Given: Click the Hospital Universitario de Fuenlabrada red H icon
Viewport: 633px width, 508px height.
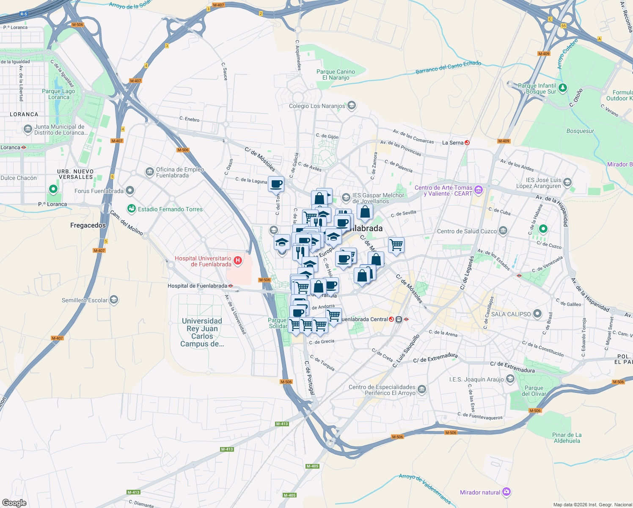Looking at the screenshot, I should tap(238, 261).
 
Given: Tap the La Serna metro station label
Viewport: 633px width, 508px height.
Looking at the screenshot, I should tap(453, 143).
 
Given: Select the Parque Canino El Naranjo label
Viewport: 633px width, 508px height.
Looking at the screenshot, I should tap(336, 75).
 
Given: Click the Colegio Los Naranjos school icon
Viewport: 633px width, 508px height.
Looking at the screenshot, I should tap(351, 106).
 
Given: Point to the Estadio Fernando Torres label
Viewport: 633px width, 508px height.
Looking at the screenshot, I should tap(170, 209).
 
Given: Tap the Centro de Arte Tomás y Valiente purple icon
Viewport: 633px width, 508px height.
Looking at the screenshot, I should tap(479, 190).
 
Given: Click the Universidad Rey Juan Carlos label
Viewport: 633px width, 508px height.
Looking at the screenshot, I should tap(202, 332).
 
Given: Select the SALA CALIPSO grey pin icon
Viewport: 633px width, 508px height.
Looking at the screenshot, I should tap(537, 314).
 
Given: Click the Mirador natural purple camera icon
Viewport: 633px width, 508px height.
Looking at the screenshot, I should tap(507, 492).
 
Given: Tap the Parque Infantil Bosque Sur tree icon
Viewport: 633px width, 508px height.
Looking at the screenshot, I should tap(562, 88).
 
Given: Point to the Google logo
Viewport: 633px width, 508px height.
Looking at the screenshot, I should tap(14, 502).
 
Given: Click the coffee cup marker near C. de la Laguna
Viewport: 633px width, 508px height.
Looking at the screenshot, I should tap(276, 184).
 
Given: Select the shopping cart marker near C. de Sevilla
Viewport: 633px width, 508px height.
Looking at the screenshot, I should tap(396, 244).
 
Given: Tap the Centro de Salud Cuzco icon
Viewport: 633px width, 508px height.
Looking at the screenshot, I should tap(503, 231).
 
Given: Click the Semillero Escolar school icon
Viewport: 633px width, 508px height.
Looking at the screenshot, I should tap(113, 300).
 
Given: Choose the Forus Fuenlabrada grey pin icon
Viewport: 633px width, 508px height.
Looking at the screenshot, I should tap(130, 191).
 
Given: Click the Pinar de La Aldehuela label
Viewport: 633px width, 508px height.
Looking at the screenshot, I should tap(567, 438).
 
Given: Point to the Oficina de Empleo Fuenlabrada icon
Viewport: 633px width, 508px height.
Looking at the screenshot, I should tap(149, 172).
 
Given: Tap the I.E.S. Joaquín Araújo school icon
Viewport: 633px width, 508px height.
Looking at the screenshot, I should tap(510, 379).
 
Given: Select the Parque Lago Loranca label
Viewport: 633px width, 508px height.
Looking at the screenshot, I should tap(58, 94).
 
